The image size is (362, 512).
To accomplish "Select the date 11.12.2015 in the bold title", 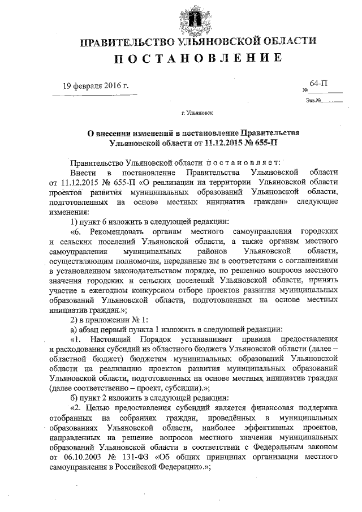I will tap(211, 144).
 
